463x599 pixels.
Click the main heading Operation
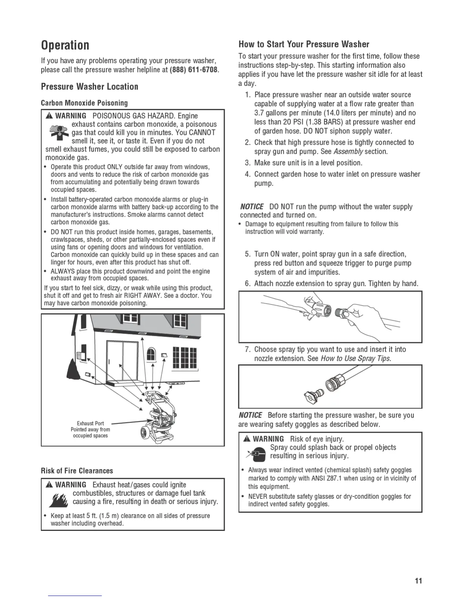[65, 45]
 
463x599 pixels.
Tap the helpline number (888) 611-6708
[194, 70]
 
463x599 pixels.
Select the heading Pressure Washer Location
[90, 87]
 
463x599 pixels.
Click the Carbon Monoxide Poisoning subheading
[84, 103]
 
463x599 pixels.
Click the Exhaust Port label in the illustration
[90, 423]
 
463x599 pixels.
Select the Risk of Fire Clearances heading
[77, 471]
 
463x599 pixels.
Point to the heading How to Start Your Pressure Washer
[304, 44]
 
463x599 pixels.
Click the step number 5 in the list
[248, 254]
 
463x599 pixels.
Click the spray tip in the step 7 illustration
[311, 395]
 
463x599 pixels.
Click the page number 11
[418, 581]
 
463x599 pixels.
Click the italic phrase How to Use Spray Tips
[356, 358]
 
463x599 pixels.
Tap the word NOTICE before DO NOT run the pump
[252, 207]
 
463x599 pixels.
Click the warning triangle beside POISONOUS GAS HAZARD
[49, 116]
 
